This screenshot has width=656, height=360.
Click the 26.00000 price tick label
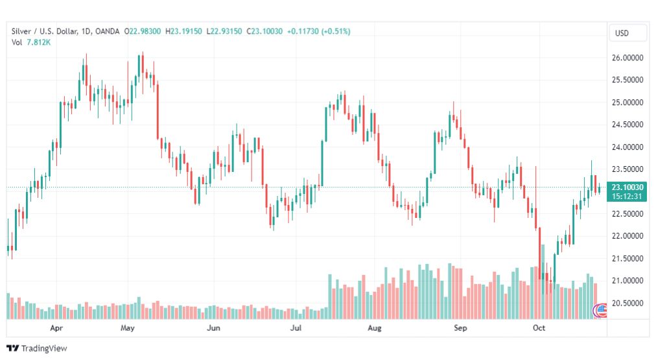pyautogui.click(x=627, y=58)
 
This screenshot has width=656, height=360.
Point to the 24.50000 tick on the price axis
pyautogui.click(x=627, y=125)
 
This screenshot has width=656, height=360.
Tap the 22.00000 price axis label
pyautogui.click(x=627, y=236)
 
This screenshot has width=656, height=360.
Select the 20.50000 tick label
pyautogui.click(x=627, y=303)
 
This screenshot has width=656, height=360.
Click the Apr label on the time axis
pyautogui.click(x=56, y=328)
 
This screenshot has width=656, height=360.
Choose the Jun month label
pyautogui.click(x=213, y=328)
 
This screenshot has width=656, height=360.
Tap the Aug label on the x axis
pyautogui.click(x=375, y=328)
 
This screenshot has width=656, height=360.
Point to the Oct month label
pyautogui.click(x=539, y=328)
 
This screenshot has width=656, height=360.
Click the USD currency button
pyautogui.click(x=622, y=34)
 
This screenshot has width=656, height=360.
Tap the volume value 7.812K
pyautogui.click(x=38, y=42)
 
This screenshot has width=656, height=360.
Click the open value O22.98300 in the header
pyautogui.click(x=142, y=31)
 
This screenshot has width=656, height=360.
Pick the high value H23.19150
pyautogui.click(x=183, y=31)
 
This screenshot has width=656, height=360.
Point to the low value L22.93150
pyautogui.click(x=224, y=31)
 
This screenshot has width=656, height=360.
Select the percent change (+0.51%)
pyautogui.click(x=336, y=31)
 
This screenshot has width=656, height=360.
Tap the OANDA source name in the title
pyautogui.click(x=107, y=31)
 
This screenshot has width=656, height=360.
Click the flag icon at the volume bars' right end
pyautogui.click(x=600, y=310)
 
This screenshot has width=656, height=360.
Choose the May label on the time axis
pyautogui.click(x=127, y=328)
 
